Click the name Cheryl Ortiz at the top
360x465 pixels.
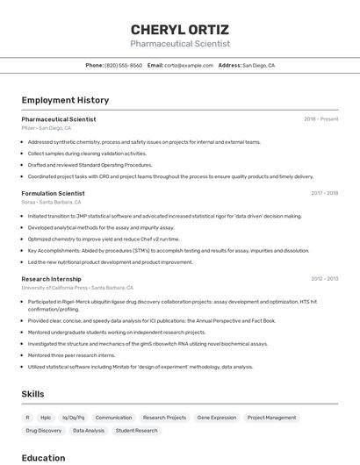click(180, 29)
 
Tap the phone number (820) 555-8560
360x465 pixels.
click(123, 65)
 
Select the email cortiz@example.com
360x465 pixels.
click(189, 65)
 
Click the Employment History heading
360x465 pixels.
click(65, 101)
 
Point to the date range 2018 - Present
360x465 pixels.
click(320, 119)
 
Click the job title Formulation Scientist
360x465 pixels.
click(53, 193)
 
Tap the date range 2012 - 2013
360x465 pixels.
click(324, 279)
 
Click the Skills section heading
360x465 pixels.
click(32, 394)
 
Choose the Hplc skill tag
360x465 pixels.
click(46, 418)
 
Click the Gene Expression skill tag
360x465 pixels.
click(216, 418)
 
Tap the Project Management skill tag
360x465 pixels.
click(271, 418)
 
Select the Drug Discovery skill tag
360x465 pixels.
click(43, 431)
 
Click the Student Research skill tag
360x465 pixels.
click(136, 431)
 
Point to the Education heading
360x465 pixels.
click(43, 457)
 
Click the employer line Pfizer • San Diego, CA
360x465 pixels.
click(47, 128)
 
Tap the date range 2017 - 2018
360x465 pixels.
click(324, 193)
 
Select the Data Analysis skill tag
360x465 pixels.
click(88, 431)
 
